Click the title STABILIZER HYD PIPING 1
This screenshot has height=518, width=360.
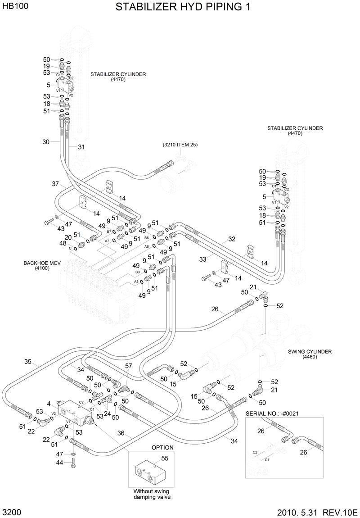coord(182,8)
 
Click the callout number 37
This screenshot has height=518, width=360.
coord(55,184)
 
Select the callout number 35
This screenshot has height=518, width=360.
coord(28,361)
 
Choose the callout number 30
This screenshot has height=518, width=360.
coord(46,142)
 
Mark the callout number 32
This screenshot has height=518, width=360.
coord(232,239)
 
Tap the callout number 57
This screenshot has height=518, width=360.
coord(128,366)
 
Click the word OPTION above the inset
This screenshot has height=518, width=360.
coord(162,448)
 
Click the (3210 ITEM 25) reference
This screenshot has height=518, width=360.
coord(180,145)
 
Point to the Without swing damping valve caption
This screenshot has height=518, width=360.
coord(152,494)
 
